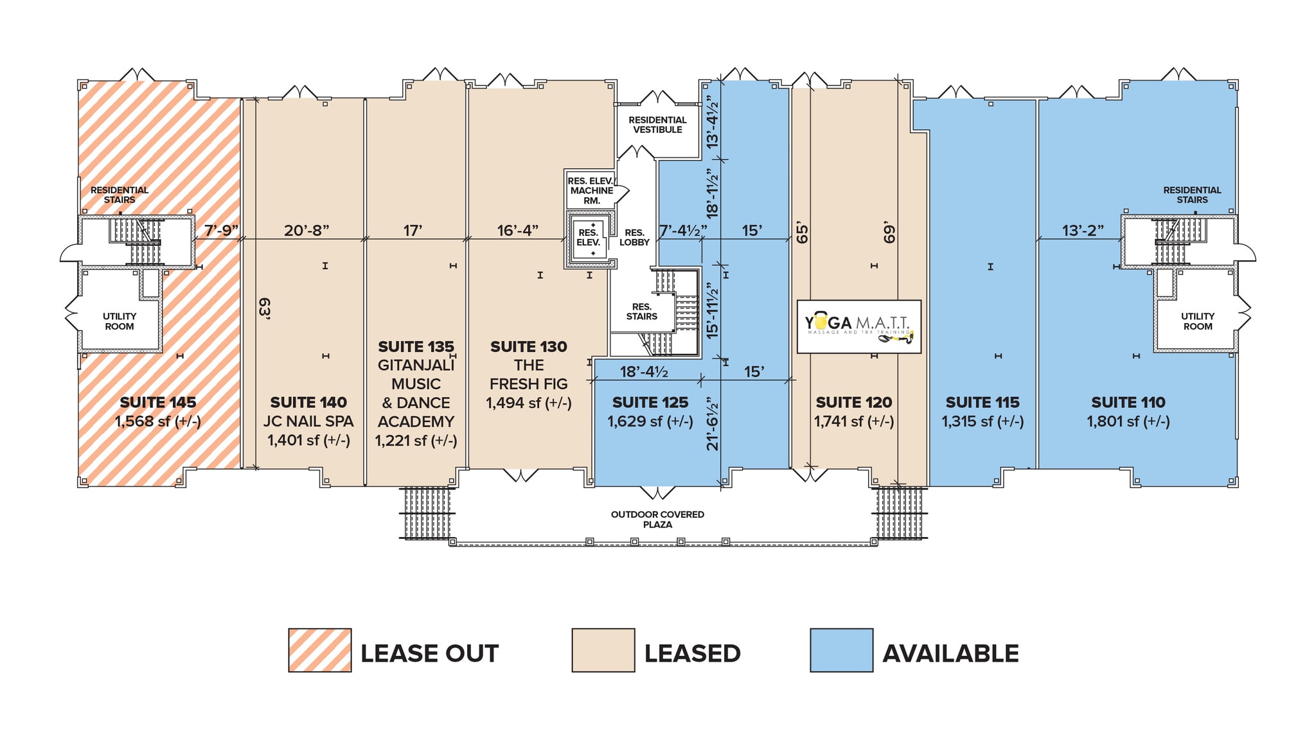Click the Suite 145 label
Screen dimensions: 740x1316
click(x=158, y=403)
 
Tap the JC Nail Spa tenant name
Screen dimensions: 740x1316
click(x=308, y=421)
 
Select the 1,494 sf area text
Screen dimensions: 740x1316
click(x=528, y=403)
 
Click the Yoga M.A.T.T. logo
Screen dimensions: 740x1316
click(x=858, y=326)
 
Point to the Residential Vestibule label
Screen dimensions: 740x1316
click(x=657, y=125)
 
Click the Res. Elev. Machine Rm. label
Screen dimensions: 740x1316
click(x=591, y=191)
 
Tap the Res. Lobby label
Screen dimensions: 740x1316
click(x=634, y=238)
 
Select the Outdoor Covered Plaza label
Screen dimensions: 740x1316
click(x=657, y=519)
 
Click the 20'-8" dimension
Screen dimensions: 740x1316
click(x=307, y=230)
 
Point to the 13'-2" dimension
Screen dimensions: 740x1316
click(x=1082, y=230)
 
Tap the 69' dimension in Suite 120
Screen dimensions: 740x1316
click(x=889, y=233)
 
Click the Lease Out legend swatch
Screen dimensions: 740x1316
click(x=319, y=650)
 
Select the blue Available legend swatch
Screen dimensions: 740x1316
click(x=841, y=650)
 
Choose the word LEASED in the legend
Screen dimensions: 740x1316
click(x=692, y=653)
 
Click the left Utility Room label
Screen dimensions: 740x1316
click(x=120, y=321)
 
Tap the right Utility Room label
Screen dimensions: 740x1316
click(x=1197, y=321)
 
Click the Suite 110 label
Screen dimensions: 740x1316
click(x=1128, y=403)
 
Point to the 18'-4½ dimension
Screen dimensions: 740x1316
click(x=644, y=372)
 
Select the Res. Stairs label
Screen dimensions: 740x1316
click(x=641, y=312)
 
